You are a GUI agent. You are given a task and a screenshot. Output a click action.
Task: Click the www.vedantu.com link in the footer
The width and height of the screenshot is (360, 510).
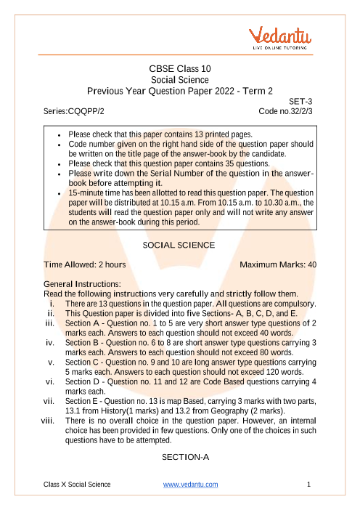click(190, 485)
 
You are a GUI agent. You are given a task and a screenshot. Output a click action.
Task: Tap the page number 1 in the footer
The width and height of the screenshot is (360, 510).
click(309, 485)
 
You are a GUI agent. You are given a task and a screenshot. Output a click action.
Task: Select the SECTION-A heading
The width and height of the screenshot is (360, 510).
click(179, 456)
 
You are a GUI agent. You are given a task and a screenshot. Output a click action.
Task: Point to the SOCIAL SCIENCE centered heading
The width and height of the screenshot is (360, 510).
click(179, 245)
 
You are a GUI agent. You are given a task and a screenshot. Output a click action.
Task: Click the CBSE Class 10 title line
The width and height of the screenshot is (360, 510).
click(179, 69)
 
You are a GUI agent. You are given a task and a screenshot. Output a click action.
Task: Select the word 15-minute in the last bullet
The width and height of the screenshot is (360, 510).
click(87, 193)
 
